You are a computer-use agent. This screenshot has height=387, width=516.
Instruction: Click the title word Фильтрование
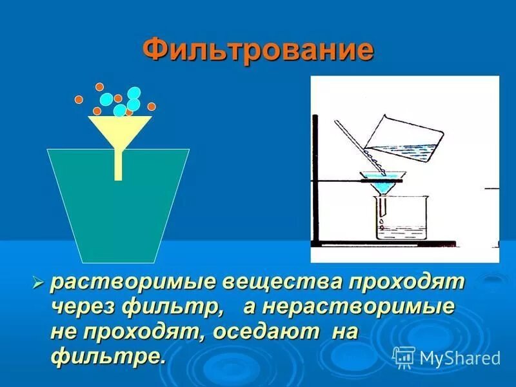(258, 50)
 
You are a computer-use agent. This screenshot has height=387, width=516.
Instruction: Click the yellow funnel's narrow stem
(118, 165)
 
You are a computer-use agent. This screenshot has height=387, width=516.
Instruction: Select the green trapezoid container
(118, 213)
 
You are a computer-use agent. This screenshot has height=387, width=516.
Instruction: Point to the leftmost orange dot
(79, 99)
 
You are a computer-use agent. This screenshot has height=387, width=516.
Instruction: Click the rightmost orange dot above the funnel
(152, 106)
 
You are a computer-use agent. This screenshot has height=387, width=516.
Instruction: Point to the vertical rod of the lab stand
(316, 181)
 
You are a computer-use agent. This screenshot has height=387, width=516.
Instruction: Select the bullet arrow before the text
(38, 282)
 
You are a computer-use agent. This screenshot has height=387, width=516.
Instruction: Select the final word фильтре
(107, 356)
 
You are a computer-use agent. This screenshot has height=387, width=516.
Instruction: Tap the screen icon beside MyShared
(404, 357)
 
